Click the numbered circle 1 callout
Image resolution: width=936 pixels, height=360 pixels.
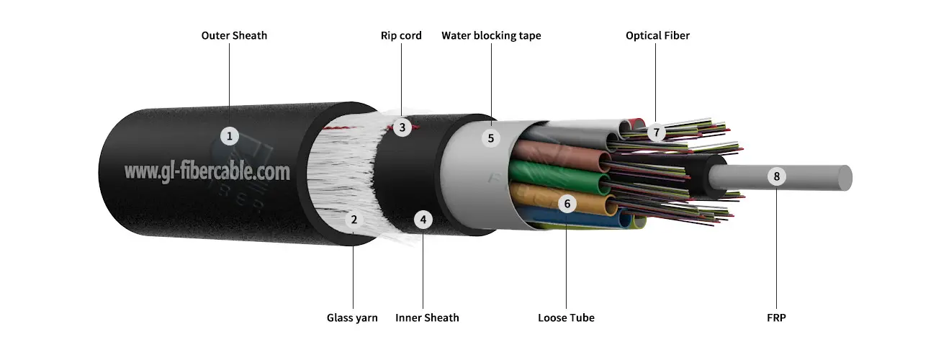pyautogui.click(x=229, y=135)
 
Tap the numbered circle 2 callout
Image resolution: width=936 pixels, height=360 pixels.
pyautogui.click(x=354, y=220)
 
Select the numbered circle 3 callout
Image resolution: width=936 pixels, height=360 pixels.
pyautogui.click(x=402, y=128)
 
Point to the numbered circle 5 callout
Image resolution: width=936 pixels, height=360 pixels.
pyautogui.click(x=491, y=138)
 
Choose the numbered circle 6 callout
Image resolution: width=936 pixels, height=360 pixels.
pyautogui.click(x=567, y=204)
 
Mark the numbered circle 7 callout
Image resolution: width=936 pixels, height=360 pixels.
pyautogui.click(x=656, y=132)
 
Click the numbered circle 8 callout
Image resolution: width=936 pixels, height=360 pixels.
pyautogui.click(x=776, y=176)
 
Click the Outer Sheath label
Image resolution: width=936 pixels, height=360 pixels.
pyautogui.click(x=234, y=35)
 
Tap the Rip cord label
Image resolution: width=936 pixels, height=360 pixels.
pyautogui.click(x=401, y=35)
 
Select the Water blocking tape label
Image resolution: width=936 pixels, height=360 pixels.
pyautogui.click(x=491, y=35)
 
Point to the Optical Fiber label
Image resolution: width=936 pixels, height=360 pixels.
pyautogui.click(x=657, y=35)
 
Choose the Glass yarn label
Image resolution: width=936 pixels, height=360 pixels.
pyautogui.click(x=352, y=318)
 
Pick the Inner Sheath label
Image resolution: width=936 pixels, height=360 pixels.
pyautogui.click(x=427, y=318)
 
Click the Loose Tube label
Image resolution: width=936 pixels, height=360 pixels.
pyautogui.click(x=566, y=318)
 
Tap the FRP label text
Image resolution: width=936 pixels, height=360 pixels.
pyautogui.click(x=777, y=318)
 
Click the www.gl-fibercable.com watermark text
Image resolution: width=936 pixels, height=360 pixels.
pyautogui.click(x=207, y=171)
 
